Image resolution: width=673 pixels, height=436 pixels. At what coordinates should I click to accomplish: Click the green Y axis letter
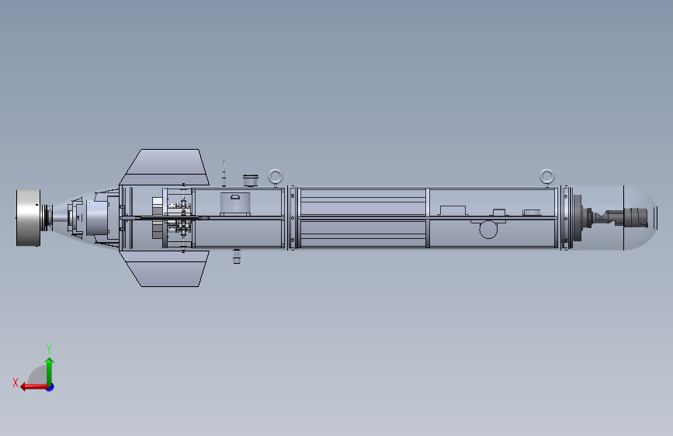point(49,348)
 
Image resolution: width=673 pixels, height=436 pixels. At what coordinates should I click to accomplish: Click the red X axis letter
point(16,382)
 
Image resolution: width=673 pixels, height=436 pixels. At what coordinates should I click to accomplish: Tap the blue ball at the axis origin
point(50,387)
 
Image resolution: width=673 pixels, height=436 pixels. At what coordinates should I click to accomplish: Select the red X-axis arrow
point(34,387)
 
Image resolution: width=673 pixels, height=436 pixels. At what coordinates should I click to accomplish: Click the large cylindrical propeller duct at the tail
point(28,218)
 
